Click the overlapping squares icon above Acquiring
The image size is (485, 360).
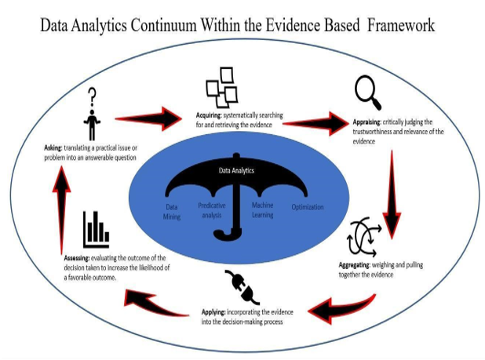pos(221,86)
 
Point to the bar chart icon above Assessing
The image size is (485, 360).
pos(95,229)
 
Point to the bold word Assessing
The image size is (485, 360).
pos(80,258)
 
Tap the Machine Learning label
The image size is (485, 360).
pos(262,208)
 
